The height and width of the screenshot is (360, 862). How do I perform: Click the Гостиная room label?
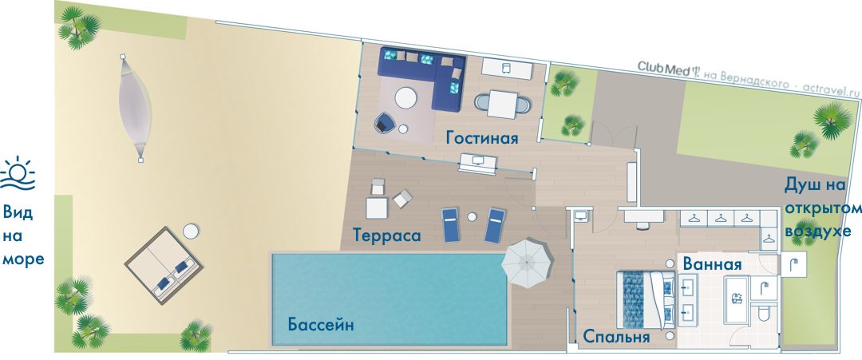[482, 136]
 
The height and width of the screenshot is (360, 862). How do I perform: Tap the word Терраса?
[387, 235]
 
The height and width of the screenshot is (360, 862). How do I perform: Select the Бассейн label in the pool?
[321, 324]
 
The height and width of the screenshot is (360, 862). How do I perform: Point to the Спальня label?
[616, 336]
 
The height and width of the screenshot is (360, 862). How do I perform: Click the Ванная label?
[712, 264]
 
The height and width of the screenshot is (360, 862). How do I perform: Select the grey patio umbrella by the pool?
[526, 263]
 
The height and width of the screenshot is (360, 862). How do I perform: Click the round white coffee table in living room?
[405, 99]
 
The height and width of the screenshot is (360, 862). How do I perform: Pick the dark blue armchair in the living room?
[384, 123]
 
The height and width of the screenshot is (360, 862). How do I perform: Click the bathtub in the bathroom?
[736, 299]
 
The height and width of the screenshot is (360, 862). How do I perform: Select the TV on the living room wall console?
[478, 161]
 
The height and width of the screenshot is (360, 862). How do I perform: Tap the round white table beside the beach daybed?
[190, 231]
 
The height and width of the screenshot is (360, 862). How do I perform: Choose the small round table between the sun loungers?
[472, 217]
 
